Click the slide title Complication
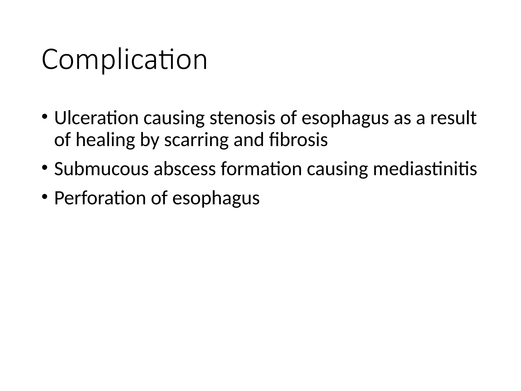coord(124,60)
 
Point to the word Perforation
coord(100,198)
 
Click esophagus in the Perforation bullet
coord(216,199)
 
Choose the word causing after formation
coord(337,170)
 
